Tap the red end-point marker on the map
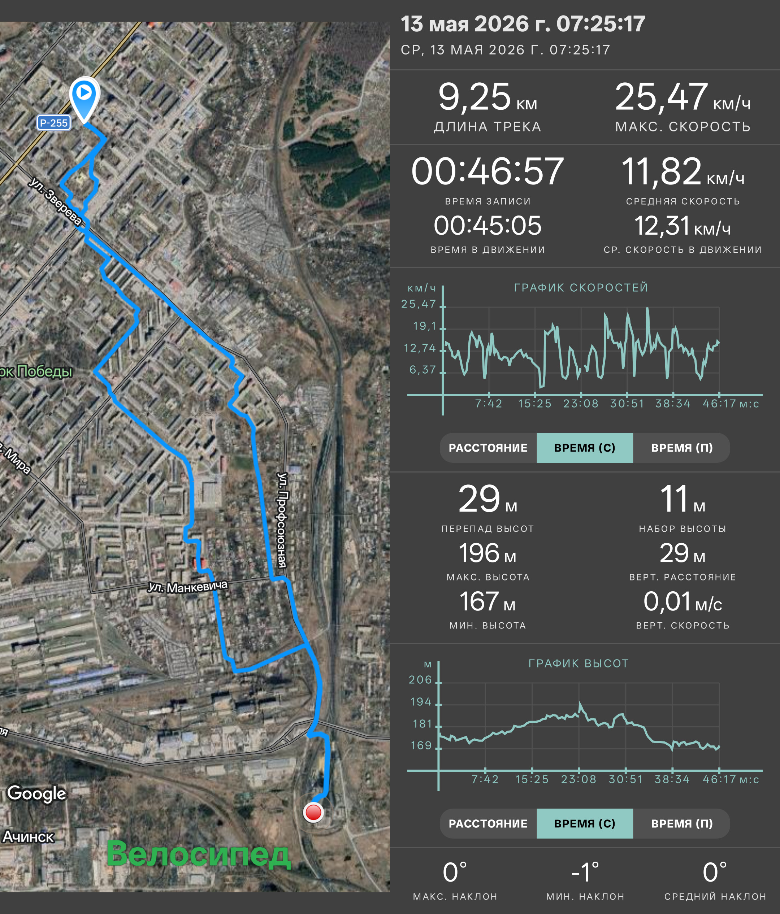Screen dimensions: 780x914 click(313, 812)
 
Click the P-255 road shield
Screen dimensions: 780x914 click(53, 123)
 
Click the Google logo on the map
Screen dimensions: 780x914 click(36, 793)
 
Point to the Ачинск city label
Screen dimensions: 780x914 click(28, 836)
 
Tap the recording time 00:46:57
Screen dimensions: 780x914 click(487, 171)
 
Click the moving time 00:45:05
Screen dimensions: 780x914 click(487, 225)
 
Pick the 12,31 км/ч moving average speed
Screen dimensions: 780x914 click(682, 226)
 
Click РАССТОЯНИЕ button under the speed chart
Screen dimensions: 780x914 click(488, 448)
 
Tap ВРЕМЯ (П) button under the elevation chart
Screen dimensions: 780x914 click(682, 823)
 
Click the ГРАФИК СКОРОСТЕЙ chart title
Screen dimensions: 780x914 click(581, 288)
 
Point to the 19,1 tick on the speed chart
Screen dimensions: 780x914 click(424, 326)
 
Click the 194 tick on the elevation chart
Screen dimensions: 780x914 click(421, 702)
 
